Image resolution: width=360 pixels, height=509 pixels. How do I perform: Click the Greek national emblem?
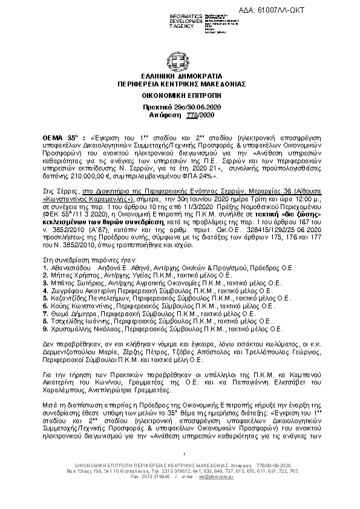[x=180, y=61]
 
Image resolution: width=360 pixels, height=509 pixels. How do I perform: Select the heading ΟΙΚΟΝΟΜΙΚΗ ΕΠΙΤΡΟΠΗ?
[x=180, y=95]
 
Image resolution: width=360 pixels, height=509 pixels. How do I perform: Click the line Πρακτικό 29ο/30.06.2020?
[x=180, y=106]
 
